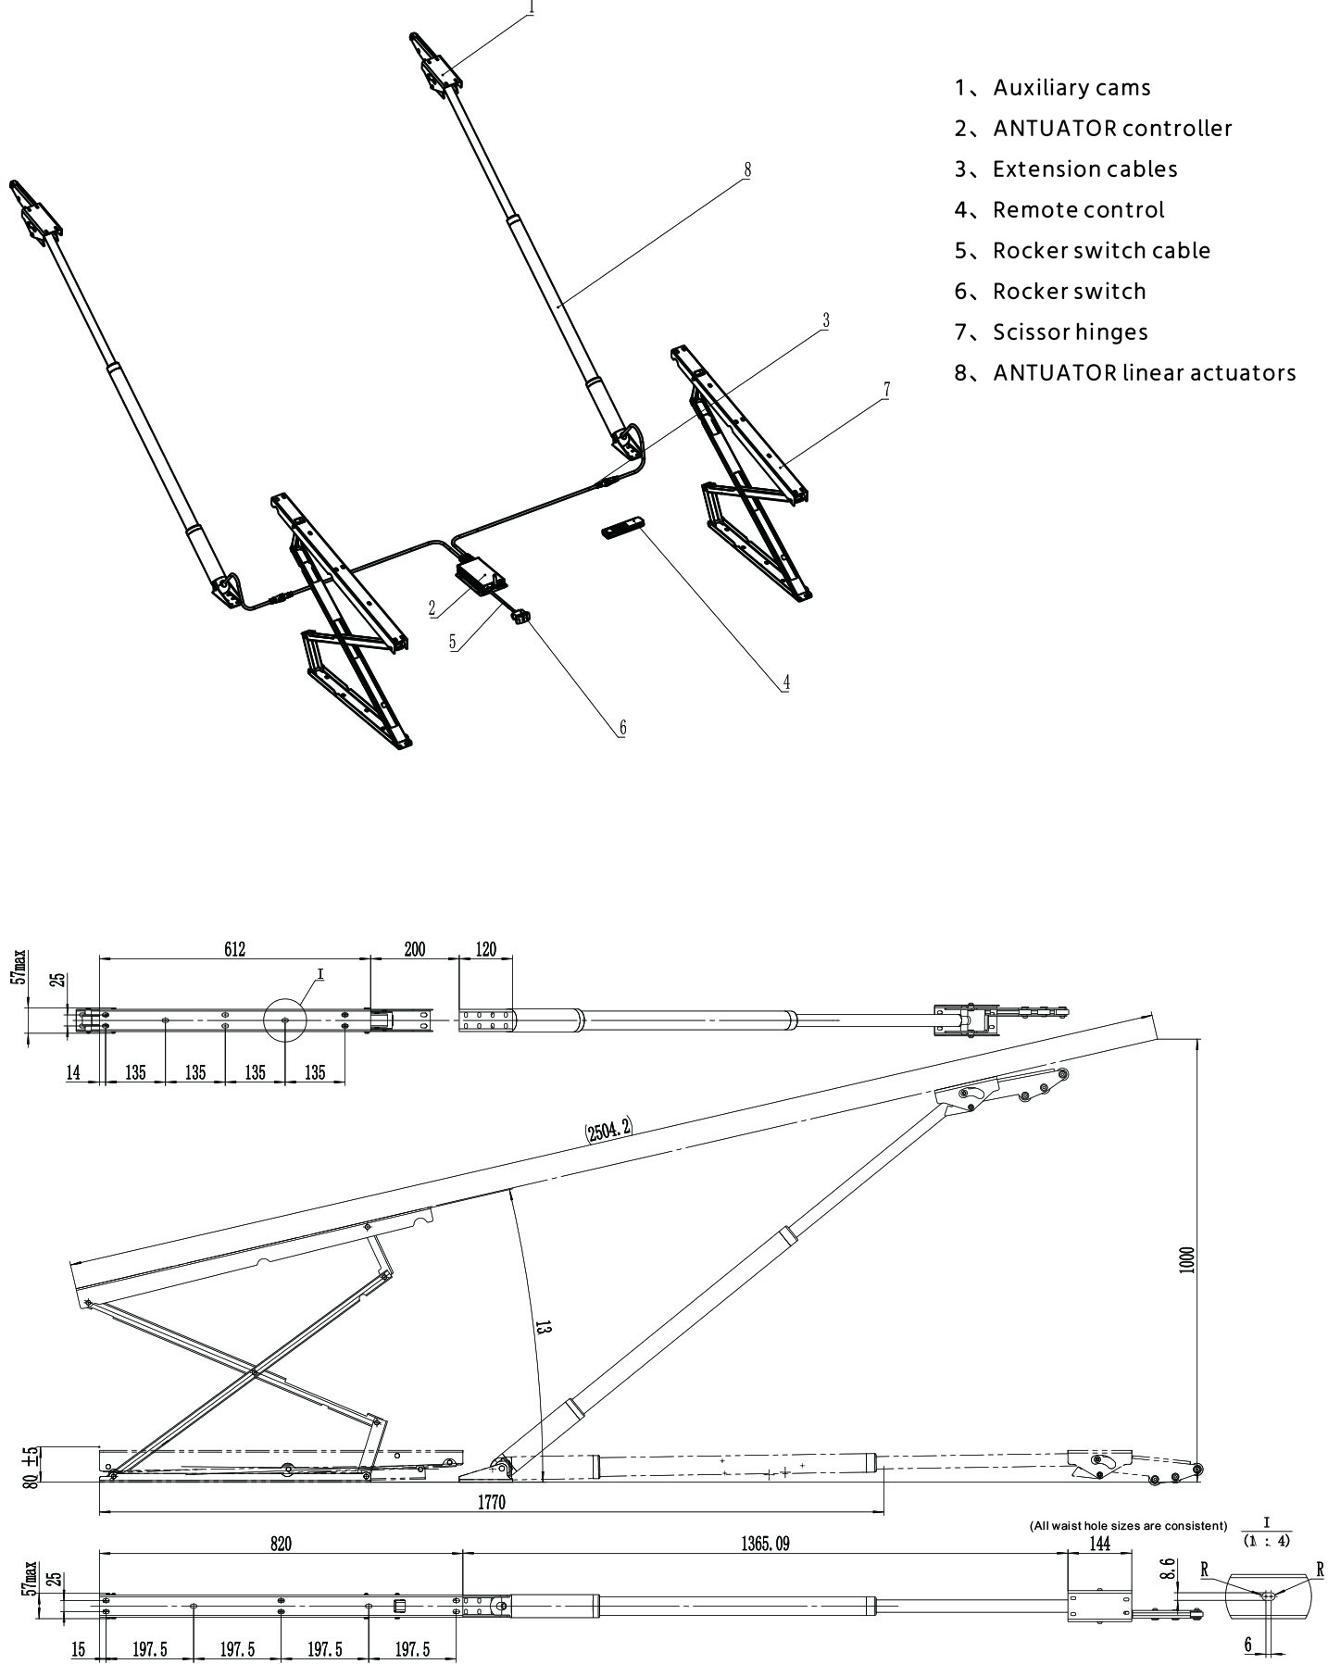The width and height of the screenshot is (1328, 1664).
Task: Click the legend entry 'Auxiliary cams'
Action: coord(1071,88)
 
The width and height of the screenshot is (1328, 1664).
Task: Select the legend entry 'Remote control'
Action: coord(1078,210)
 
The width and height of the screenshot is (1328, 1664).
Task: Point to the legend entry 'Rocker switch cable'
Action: coord(1101,251)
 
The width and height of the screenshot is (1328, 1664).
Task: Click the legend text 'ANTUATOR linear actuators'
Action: coord(1144,373)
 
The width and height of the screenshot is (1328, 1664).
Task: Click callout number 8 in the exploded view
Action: coord(747,169)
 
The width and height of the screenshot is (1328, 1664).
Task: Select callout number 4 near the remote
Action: coord(786,682)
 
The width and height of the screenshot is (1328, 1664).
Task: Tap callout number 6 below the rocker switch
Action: coord(622,728)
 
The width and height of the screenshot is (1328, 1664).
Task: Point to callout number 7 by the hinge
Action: coord(886,390)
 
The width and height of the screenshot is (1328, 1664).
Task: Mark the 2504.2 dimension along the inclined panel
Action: coord(608,1129)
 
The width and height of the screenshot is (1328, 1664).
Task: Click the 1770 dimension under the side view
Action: coord(491,1503)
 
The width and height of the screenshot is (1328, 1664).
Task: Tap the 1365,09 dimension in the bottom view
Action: coord(764,1544)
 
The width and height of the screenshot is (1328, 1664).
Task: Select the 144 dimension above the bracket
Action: coord(1099,1544)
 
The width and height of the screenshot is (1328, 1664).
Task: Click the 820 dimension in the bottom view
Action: coord(281,1544)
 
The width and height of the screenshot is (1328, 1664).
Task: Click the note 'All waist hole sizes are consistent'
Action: coord(1128,1525)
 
